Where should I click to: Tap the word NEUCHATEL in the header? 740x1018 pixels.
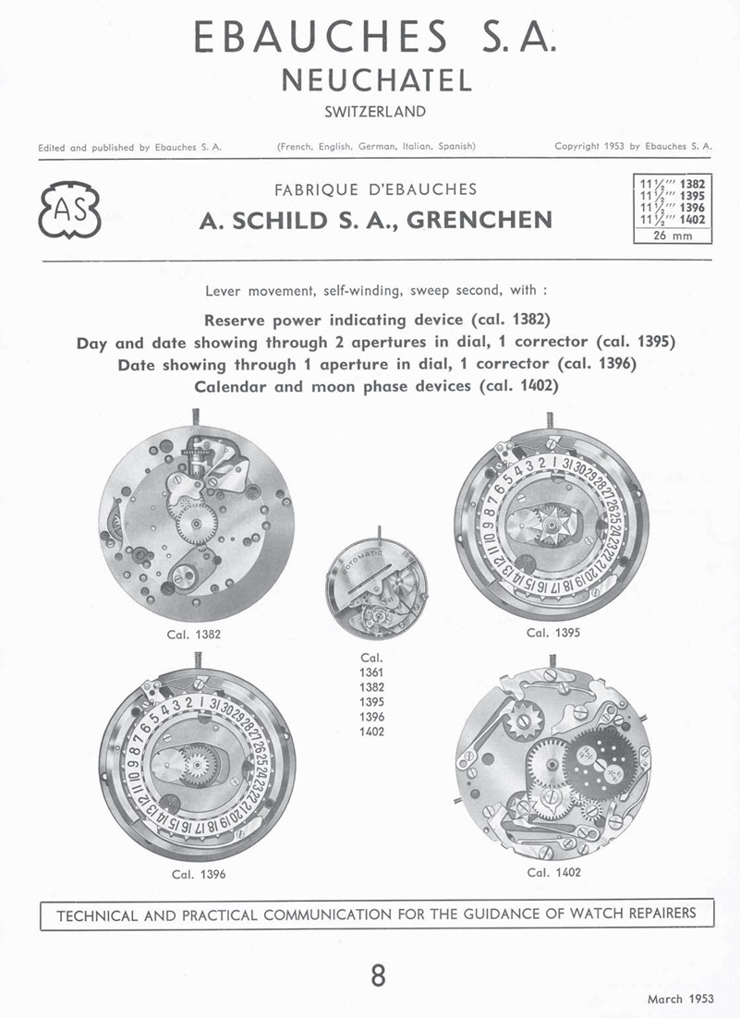click(x=376, y=80)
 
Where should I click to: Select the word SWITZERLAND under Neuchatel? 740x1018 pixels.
click(x=375, y=113)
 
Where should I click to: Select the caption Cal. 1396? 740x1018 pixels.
click(x=199, y=873)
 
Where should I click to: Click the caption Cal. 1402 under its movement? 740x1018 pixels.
click(x=553, y=871)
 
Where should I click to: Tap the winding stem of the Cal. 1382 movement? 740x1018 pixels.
click(x=197, y=419)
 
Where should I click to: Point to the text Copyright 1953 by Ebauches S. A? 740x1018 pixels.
click(x=634, y=146)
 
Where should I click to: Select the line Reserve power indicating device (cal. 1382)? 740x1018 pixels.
click(x=376, y=321)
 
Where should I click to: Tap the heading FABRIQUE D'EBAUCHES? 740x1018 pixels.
click(x=376, y=190)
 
